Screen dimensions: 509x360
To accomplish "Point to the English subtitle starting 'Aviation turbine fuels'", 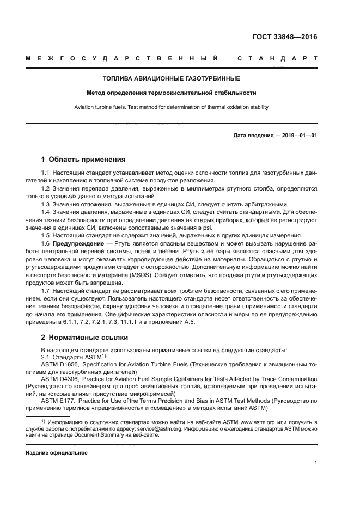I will [172, 107].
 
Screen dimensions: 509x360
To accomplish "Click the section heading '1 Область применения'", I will [83, 160].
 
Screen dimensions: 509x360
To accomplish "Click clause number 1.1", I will [46, 173].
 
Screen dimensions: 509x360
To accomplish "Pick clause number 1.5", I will [46, 235].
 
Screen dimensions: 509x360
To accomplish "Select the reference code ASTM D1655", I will [60, 364].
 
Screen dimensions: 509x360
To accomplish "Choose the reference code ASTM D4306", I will [60, 379].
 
